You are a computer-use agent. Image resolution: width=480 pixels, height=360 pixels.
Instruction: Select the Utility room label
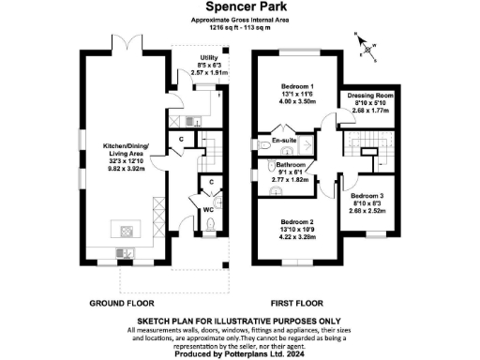click(221, 55)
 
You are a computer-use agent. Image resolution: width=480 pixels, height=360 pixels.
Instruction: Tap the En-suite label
click(285, 141)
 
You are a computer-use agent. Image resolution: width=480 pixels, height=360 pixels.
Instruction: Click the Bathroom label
click(291, 165)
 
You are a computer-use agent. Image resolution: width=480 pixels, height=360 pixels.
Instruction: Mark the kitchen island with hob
click(126, 230)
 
